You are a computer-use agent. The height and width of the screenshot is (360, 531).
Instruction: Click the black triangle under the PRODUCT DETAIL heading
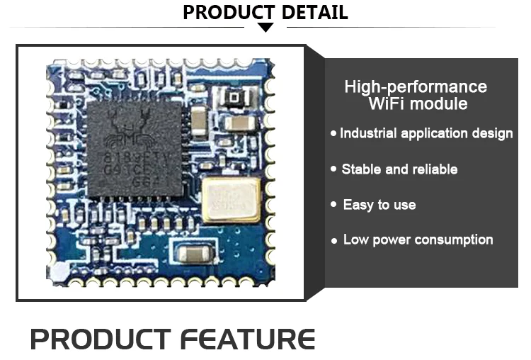click(x=265, y=28)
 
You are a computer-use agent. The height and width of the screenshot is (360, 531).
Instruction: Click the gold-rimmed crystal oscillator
click(x=230, y=199)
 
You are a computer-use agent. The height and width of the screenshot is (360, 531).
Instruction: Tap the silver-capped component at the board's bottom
click(x=193, y=254)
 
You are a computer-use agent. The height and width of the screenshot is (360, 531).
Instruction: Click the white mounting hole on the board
click(x=62, y=271)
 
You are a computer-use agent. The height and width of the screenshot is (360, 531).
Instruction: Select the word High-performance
click(x=416, y=87)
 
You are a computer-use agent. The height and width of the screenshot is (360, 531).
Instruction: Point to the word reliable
click(x=433, y=169)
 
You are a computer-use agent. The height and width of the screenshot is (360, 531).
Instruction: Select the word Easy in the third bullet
click(x=358, y=205)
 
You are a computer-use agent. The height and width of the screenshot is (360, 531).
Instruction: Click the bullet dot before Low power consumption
click(x=334, y=241)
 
